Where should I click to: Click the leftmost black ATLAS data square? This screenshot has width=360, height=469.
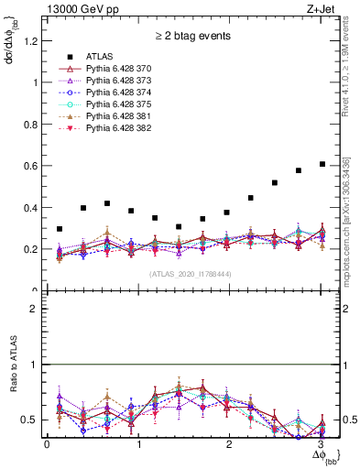coord(60,229)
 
